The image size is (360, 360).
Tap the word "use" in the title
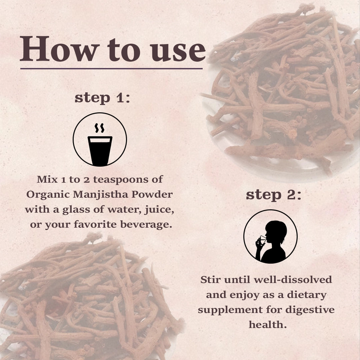[x=178, y=51]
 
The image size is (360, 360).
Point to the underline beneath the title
[x=111, y=68]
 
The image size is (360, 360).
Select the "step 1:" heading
[x=102, y=98]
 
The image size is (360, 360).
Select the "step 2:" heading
[x=273, y=195]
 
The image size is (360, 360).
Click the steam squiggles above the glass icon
[x=100, y=128]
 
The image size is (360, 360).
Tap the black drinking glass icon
[x=100, y=151]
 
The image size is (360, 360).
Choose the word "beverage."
[x=146, y=224]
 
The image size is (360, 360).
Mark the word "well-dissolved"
[x=293, y=280]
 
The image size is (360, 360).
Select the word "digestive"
[x=310, y=310]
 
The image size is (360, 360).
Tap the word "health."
[x=268, y=325]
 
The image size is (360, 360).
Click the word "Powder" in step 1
[x=152, y=194]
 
